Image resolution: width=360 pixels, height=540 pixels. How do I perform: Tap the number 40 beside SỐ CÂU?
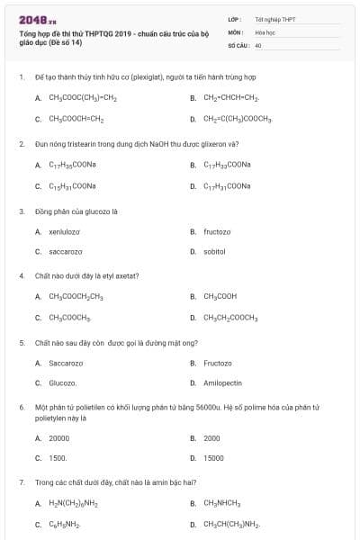tap(258, 44)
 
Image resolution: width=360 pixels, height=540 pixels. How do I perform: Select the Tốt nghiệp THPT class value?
tap(274, 19)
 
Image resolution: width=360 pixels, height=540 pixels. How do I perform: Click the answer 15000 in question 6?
tap(213, 457)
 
